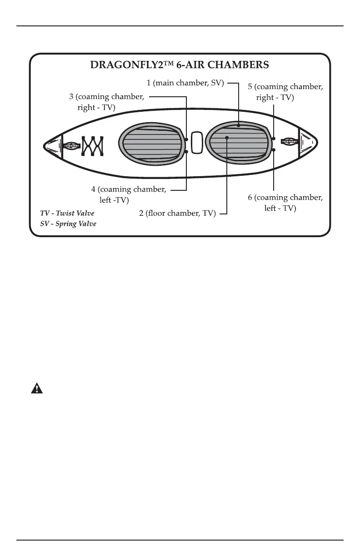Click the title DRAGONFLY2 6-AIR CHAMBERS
(180, 65)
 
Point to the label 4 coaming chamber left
(129, 194)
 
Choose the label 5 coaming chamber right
(285, 92)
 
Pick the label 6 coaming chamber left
(285, 203)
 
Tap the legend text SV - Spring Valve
(69, 224)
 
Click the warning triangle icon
(36, 388)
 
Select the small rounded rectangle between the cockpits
(197, 143)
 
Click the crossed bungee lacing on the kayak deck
(93, 146)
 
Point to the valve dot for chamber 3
(187, 139)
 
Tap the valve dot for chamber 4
(187, 151)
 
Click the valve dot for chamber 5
(273, 138)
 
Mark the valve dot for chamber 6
(273, 149)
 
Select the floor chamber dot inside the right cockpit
(226, 137)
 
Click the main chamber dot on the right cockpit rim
(239, 125)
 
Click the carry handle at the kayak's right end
(290, 142)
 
